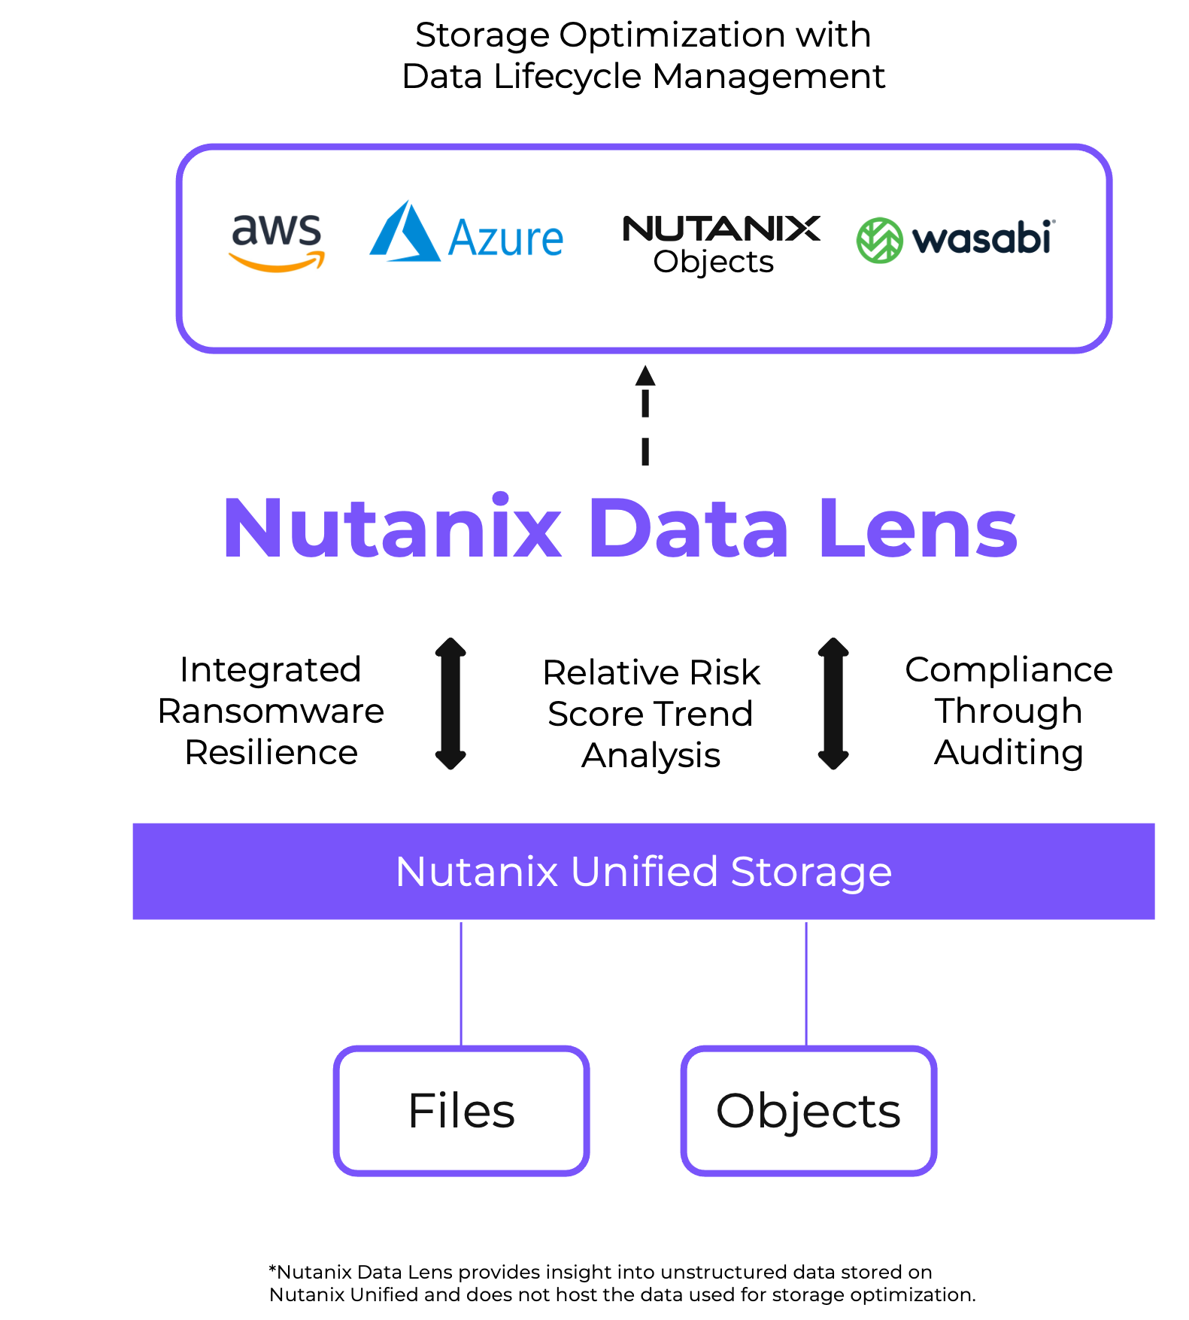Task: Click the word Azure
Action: click(505, 239)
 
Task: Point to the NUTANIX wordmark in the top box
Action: click(720, 228)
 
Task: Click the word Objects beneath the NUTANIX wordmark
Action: click(713, 262)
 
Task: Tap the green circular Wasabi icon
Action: click(879, 241)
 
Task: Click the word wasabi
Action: click(981, 239)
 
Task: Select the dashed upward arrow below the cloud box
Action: click(645, 415)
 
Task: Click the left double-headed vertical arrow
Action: click(450, 703)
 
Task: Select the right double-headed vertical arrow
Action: click(833, 703)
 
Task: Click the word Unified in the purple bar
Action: click(644, 872)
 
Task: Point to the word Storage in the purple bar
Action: click(811, 872)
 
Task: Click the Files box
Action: click(461, 1110)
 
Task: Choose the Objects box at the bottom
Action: click(808, 1110)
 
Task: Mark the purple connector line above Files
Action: click(461, 982)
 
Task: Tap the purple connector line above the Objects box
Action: click(806, 982)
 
